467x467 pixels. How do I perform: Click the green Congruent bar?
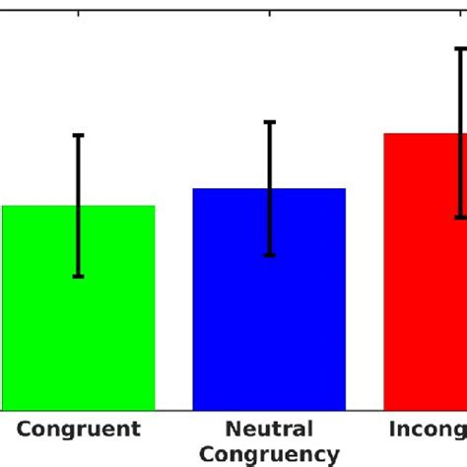79,325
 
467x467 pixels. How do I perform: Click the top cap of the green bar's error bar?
79,135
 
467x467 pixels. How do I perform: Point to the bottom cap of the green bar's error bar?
79,276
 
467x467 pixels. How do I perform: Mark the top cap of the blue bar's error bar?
269,122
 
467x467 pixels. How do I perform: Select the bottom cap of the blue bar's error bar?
269,255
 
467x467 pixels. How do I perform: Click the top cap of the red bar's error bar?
460,48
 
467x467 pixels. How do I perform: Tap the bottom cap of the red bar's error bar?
460,217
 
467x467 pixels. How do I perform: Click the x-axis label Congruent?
79,430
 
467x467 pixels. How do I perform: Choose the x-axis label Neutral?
269,430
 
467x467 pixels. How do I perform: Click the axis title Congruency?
269,454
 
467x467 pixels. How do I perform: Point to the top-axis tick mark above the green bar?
79,14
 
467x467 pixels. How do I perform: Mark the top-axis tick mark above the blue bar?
269,14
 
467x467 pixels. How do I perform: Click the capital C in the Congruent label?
26,430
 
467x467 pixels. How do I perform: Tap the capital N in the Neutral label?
233,430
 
